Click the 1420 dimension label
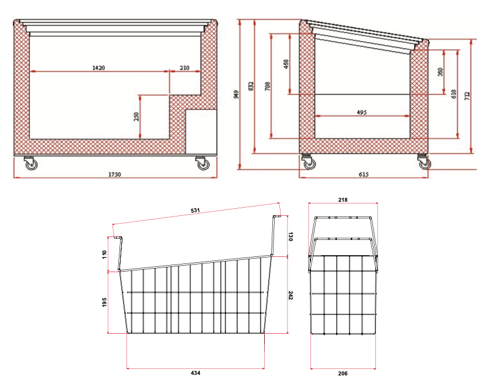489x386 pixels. coord(98,68)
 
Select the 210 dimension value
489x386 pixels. coord(184,68)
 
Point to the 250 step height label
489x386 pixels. coord(136,117)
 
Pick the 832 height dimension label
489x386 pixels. coord(252,86)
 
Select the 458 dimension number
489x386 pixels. coord(286,64)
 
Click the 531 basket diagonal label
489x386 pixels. coord(195,210)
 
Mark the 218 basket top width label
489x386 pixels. coord(343,200)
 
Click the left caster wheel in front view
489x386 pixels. coord(29,164)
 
